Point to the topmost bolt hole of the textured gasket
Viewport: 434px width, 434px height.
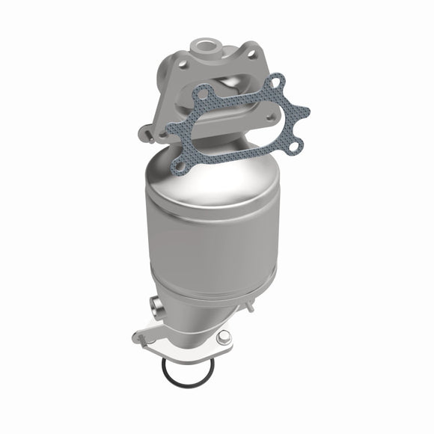pyautogui.click(x=276, y=82)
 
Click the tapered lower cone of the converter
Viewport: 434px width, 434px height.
pyautogui.click(x=195, y=307)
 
